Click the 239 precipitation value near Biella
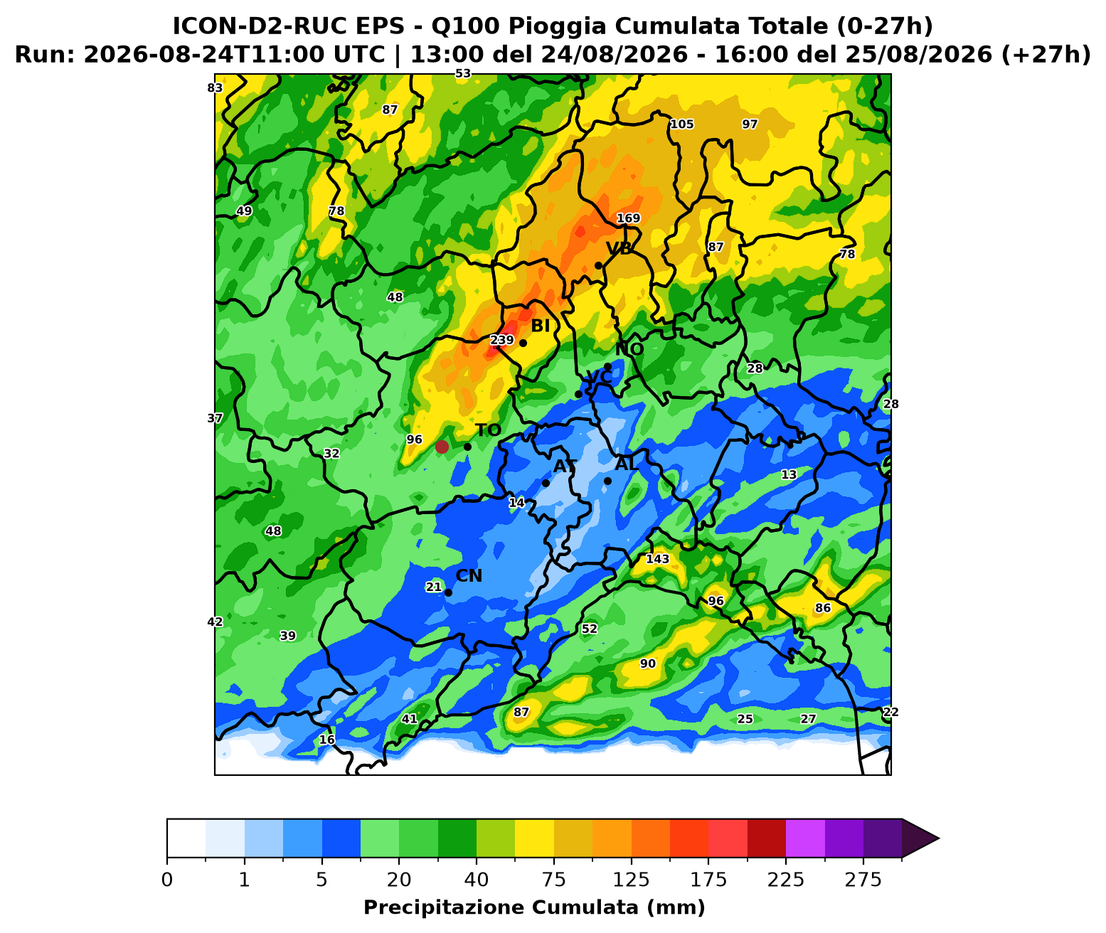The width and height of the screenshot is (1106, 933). click(501, 340)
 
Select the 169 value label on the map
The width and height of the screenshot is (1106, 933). click(628, 218)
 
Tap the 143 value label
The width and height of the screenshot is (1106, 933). click(657, 559)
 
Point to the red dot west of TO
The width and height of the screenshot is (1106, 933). click(442, 447)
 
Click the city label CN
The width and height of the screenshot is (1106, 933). click(469, 575)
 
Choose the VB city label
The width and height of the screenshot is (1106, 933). click(620, 248)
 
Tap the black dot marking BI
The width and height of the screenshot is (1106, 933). click(523, 343)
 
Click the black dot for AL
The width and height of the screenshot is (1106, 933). click(607, 481)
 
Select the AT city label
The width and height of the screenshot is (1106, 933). click(565, 466)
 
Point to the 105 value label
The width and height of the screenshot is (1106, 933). click(681, 124)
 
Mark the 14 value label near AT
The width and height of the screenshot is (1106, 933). click(516, 503)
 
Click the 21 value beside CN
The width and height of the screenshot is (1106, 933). click(434, 587)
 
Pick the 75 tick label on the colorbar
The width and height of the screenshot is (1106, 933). click(554, 880)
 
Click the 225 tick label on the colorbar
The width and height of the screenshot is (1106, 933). click(786, 880)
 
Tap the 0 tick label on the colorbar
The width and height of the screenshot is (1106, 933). click(167, 880)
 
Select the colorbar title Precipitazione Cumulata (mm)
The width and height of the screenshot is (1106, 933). click(534, 907)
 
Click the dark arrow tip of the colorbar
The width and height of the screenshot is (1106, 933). click(938, 838)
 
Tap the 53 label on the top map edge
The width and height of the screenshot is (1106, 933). click(463, 74)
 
